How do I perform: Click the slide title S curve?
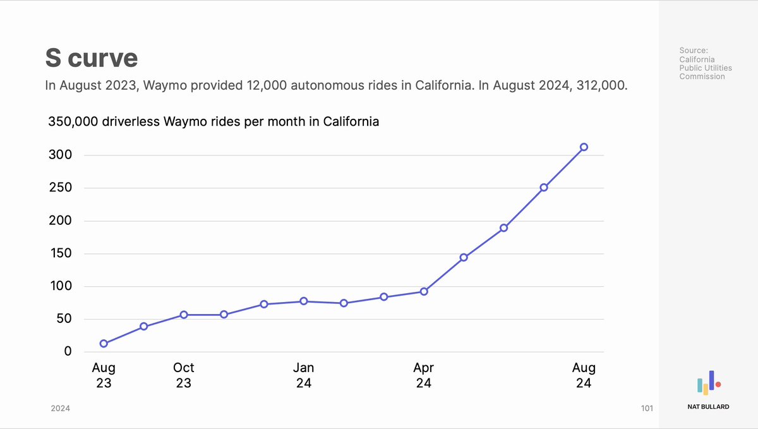click(92, 58)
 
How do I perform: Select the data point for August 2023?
click(104, 344)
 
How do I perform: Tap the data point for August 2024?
click(584, 147)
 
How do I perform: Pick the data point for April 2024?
click(424, 292)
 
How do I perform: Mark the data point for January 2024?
click(304, 301)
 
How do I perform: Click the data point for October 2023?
click(184, 315)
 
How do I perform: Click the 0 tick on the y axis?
click(68, 352)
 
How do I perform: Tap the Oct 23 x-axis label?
click(184, 375)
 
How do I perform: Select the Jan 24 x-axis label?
click(304, 375)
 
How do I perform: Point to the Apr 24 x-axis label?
click(424, 375)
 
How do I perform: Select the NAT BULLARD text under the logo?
click(708, 407)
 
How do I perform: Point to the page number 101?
click(646, 409)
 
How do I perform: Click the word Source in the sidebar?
click(694, 50)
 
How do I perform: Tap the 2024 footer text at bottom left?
click(61, 409)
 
